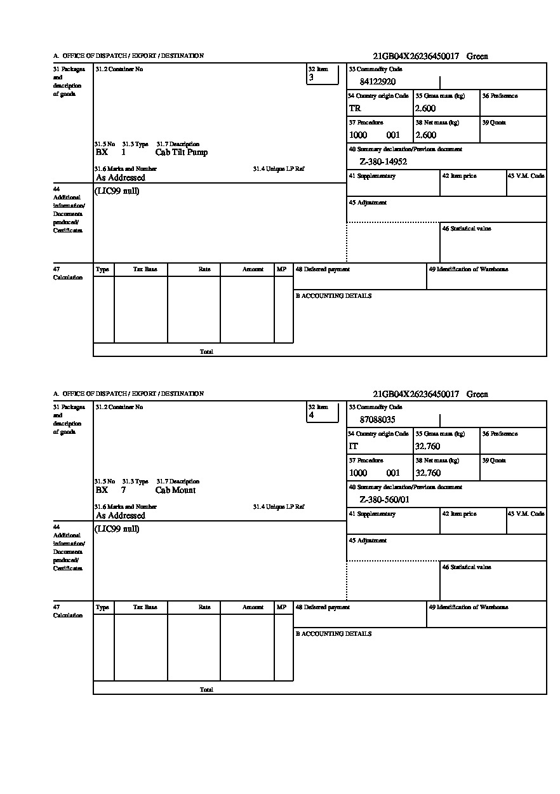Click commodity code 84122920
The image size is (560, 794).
point(377,82)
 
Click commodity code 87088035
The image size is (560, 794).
point(377,420)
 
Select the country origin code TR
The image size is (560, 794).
point(354,109)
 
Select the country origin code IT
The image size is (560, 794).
point(354,447)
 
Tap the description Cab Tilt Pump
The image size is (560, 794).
point(181,152)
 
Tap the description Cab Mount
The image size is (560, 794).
point(175,490)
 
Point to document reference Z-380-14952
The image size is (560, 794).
point(383,162)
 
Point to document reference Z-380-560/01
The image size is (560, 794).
point(384,500)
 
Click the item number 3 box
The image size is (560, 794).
point(323,75)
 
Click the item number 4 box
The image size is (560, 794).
point(323,413)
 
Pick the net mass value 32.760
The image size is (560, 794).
point(427,473)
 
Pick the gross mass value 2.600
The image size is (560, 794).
point(425,109)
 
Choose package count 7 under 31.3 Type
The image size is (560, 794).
point(123,490)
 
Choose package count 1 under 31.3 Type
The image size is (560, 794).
point(123,152)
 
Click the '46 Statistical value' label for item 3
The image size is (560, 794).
point(466,229)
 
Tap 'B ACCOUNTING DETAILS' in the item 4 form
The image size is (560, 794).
point(333,634)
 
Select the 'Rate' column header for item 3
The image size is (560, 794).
point(204,269)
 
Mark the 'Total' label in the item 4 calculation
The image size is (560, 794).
point(206,690)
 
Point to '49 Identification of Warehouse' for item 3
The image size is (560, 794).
point(468,269)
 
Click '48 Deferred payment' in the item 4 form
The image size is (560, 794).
point(323,607)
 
